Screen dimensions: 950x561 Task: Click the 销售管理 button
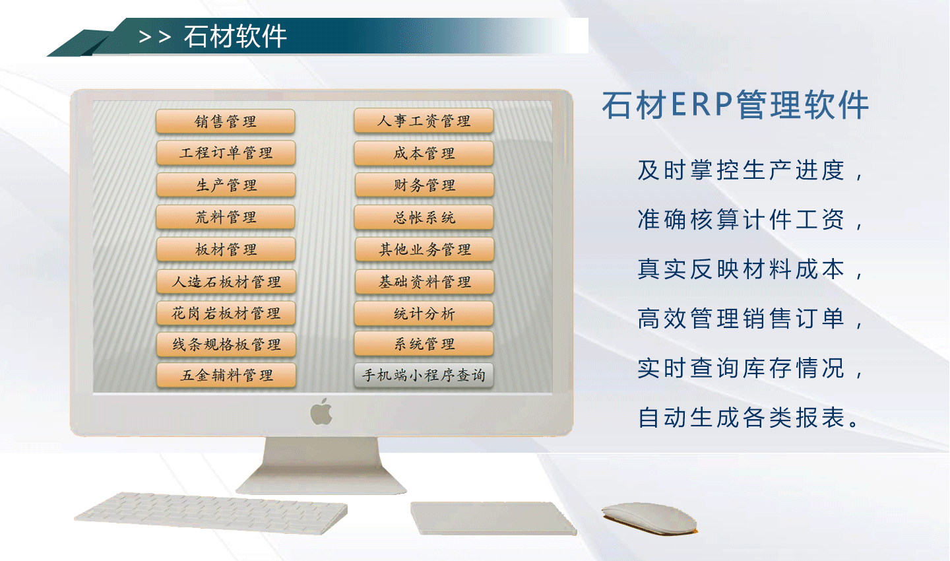coord(226,121)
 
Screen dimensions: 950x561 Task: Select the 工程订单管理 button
coord(226,152)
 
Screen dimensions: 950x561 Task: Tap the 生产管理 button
coord(226,185)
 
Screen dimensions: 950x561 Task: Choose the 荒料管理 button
coord(226,217)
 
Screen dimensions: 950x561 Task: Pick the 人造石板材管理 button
coord(226,281)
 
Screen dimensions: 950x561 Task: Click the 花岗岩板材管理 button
coord(226,313)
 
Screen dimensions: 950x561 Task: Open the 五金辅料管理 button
coord(226,375)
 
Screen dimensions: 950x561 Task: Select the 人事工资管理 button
coord(424,121)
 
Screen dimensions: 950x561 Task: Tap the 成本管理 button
coord(424,153)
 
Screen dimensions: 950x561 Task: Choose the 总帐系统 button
coord(424,217)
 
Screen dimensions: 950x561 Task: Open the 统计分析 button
coord(424,313)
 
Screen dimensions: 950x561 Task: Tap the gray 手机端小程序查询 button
coord(424,375)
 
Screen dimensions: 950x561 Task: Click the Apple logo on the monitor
coord(321,412)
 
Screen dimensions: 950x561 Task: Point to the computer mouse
coord(650,518)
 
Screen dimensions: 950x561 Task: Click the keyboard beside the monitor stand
coord(211,513)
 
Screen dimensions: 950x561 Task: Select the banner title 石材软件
coord(236,36)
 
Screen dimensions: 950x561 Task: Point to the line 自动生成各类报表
coord(742,418)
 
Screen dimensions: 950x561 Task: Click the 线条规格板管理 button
coord(226,344)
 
